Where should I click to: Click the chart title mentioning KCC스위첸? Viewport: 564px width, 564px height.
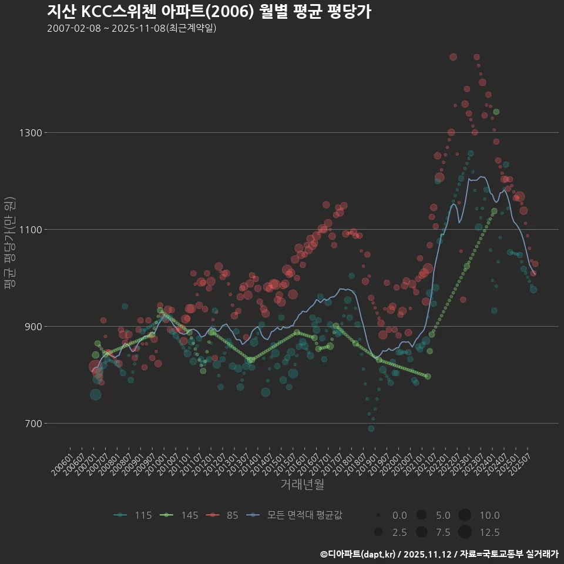(209, 12)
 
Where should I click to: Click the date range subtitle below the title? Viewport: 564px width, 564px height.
(132, 28)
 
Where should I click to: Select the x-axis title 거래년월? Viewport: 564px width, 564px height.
(303, 485)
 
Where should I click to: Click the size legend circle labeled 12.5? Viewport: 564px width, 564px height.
(465, 532)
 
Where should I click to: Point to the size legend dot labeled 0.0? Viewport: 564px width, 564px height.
(379, 515)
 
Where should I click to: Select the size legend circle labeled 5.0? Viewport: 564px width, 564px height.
(421, 515)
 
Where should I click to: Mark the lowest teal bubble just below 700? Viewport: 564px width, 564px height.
(371, 428)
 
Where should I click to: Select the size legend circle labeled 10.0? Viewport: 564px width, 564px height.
(465, 515)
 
